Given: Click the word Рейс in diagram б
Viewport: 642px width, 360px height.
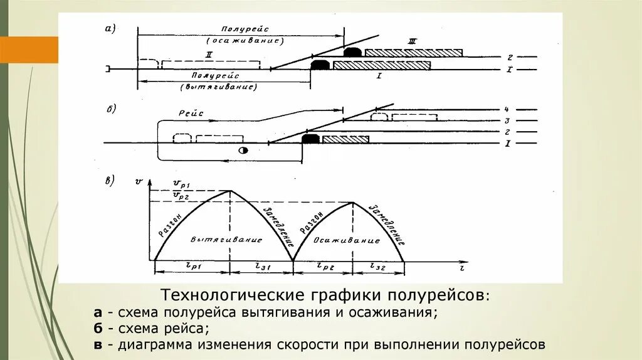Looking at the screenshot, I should pos(192,112).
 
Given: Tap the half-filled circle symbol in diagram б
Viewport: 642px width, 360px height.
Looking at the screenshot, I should pos(244,151).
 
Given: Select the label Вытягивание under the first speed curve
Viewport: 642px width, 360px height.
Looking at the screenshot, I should pos(226,240).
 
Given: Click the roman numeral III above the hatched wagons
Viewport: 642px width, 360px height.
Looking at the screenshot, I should pos(412,41).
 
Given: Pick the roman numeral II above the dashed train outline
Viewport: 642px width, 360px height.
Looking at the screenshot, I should pos(209,55).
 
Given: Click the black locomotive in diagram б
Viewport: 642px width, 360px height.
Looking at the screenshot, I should pos(310,139).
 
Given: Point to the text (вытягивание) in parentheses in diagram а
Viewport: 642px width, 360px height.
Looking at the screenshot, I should pos(219,87).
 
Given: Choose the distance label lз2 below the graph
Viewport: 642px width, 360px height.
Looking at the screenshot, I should pos(379,267).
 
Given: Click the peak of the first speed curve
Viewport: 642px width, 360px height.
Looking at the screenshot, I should pos(230,191).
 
